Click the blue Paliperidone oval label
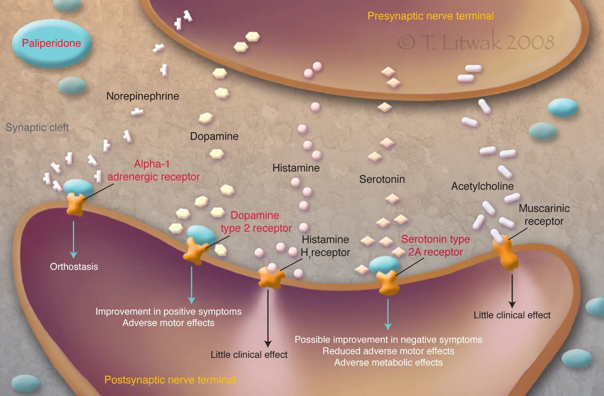51,43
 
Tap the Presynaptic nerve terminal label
430,16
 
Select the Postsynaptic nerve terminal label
170,380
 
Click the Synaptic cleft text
37,127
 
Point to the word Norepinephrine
142,96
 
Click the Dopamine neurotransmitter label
214,136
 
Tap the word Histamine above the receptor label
296,168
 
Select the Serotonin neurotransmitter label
382,179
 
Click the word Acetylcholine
482,186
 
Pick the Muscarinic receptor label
544,215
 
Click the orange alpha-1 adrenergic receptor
75,204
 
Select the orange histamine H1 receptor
271,278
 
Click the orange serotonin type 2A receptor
388,282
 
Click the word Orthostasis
74,267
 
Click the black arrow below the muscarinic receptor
512,291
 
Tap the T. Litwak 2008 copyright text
476,42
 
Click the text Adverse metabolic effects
388,363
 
